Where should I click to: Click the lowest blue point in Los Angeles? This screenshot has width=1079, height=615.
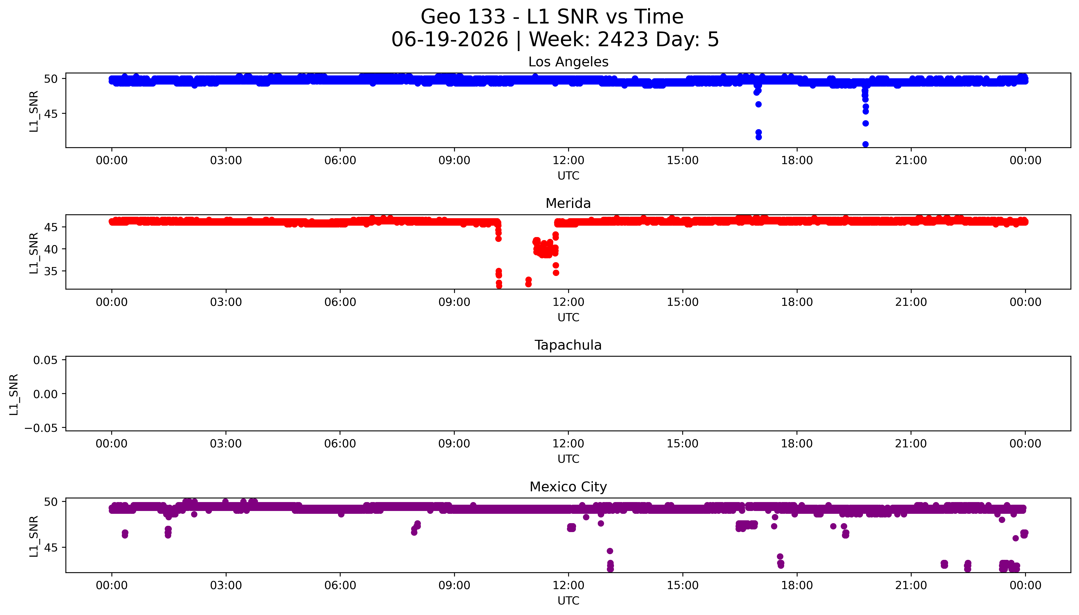(865, 144)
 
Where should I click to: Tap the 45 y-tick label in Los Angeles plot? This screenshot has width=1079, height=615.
(51, 114)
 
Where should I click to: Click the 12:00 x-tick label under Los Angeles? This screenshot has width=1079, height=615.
(568, 161)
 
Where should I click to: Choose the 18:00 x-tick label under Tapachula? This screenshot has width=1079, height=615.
(797, 443)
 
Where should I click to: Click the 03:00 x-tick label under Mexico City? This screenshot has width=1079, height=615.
(226, 585)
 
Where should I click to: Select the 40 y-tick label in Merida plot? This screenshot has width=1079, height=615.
(51, 249)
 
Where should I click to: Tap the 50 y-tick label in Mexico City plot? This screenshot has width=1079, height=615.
(51, 502)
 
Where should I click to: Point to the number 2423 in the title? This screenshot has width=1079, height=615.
(623, 40)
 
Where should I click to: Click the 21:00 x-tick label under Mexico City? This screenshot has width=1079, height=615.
(911, 585)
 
